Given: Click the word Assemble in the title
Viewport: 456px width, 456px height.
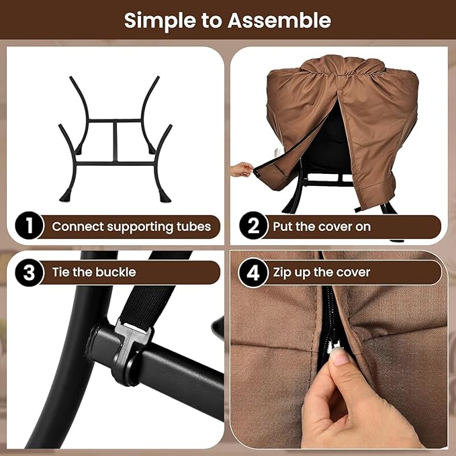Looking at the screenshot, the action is (279, 20).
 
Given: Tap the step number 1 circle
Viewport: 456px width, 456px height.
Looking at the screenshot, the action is (29, 226).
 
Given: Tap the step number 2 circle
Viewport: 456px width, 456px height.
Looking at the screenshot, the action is (253, 226).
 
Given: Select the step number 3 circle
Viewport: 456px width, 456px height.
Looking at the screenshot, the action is (29, 272).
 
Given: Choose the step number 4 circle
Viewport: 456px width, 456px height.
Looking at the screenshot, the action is (253, 273).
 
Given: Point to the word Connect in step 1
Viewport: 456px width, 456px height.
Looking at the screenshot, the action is (78, 226).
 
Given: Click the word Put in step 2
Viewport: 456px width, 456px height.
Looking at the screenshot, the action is (283, 226).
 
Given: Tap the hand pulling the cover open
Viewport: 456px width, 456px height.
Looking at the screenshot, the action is (241, 169).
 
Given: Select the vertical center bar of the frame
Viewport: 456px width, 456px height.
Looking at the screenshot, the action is (116, 141).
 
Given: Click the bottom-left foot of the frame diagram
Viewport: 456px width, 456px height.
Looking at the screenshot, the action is (66, 195).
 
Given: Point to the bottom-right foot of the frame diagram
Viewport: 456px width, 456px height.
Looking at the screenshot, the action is (165, 195).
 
